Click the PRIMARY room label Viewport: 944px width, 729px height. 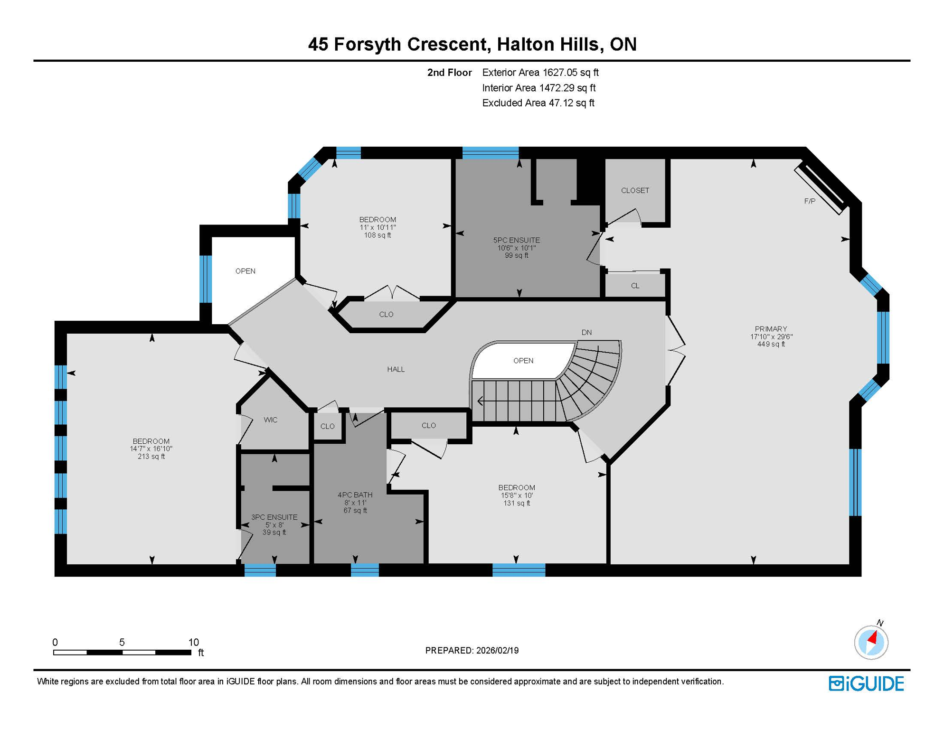771,329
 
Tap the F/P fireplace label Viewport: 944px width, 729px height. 810,201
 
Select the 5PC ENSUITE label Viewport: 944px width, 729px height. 516,240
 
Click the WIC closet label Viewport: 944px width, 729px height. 270,420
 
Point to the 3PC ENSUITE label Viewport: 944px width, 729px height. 274,517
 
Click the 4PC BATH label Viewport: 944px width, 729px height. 355,495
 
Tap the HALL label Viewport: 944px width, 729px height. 396,369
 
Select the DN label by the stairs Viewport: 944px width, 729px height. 586,332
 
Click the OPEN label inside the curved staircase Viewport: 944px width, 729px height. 523,361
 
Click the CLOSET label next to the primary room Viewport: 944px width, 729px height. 635,190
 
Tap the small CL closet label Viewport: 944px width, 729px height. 635,286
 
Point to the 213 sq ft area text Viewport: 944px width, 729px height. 151,457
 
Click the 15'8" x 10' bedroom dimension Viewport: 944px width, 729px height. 516,495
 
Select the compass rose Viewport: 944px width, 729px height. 871,642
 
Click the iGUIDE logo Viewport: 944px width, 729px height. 866,683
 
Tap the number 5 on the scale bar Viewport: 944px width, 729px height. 122,642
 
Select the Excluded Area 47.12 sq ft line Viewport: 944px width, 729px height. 538,103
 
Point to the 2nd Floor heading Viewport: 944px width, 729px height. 449,73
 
